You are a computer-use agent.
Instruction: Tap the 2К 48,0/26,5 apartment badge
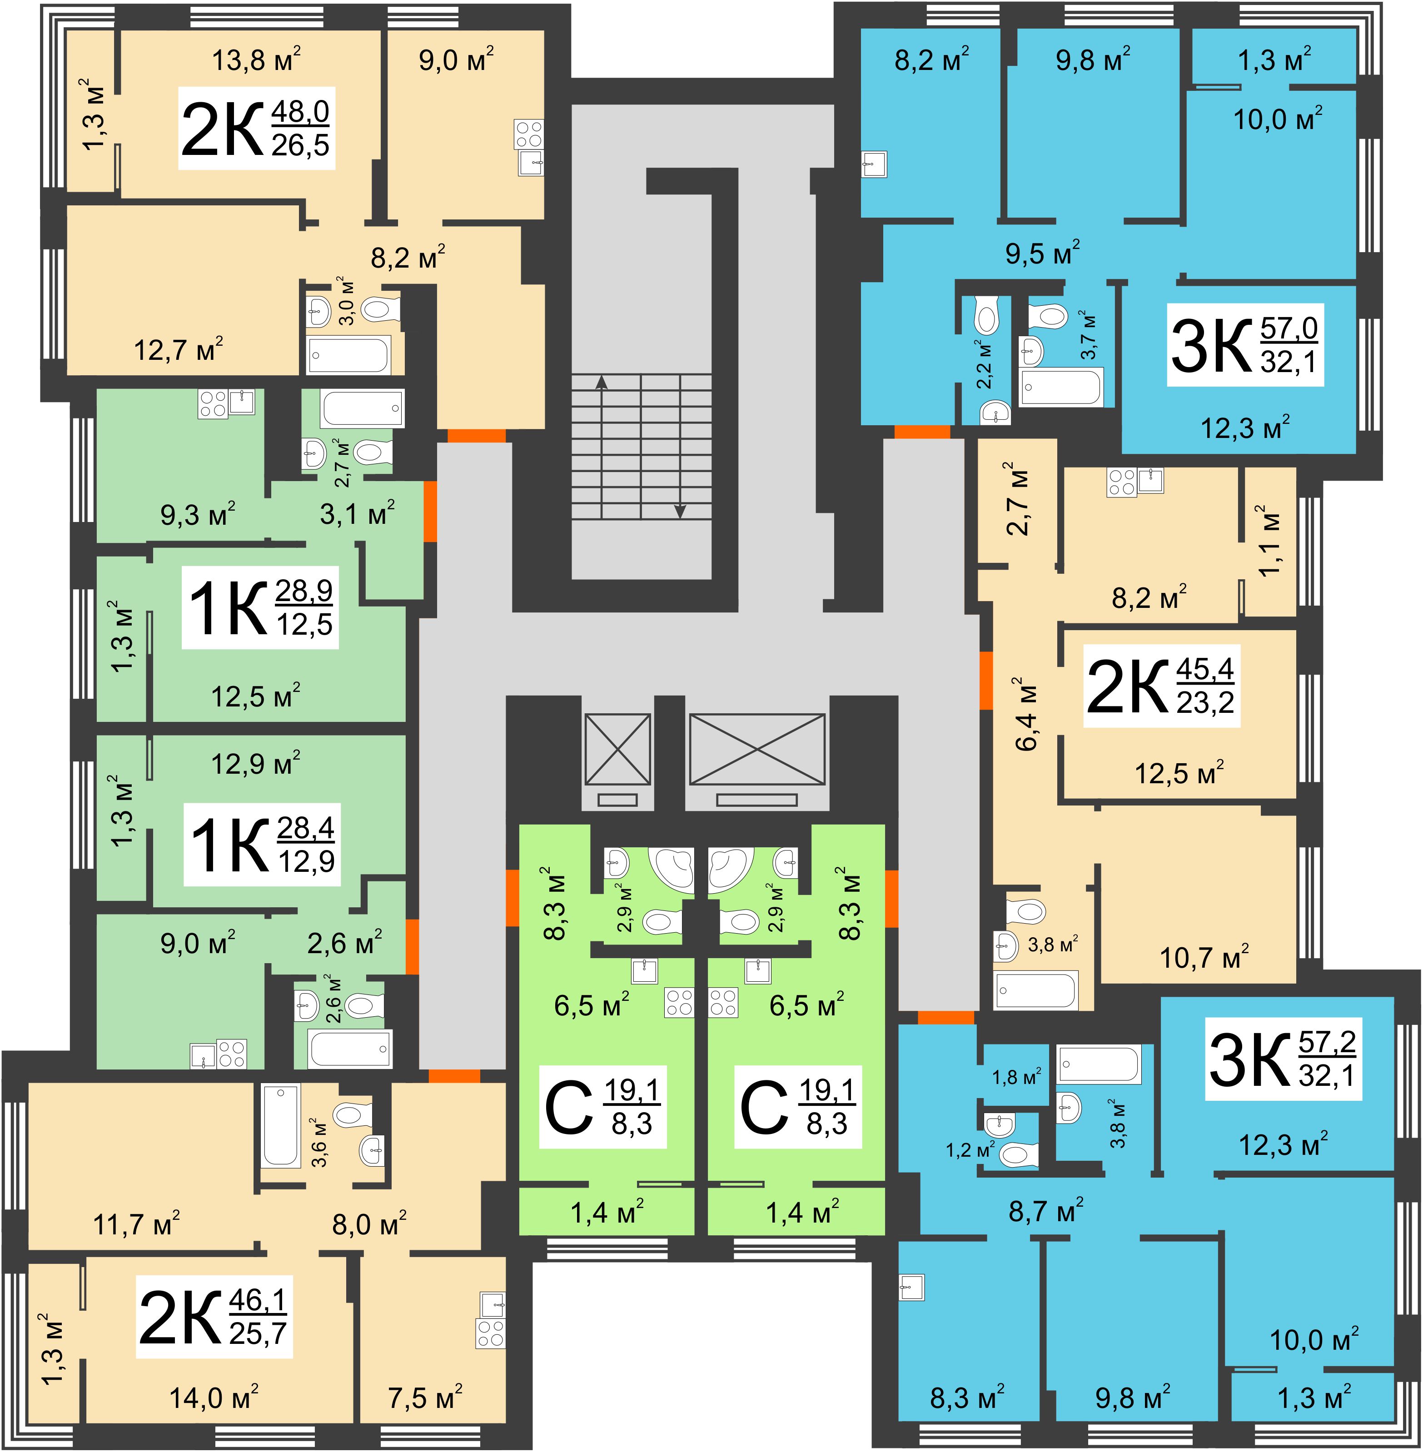pyautogui.click(x=256, y=129)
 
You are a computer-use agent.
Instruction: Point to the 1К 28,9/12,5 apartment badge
pyautogui.click(x=260, y=607)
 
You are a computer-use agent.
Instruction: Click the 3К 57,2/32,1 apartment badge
pyautogui.click(x=1283, y=1059)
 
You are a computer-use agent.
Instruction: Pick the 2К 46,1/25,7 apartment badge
pyautogui.click(x=214, y=1317)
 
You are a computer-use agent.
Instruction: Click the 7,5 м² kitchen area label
pyautogui.click(x=424, y=1397)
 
